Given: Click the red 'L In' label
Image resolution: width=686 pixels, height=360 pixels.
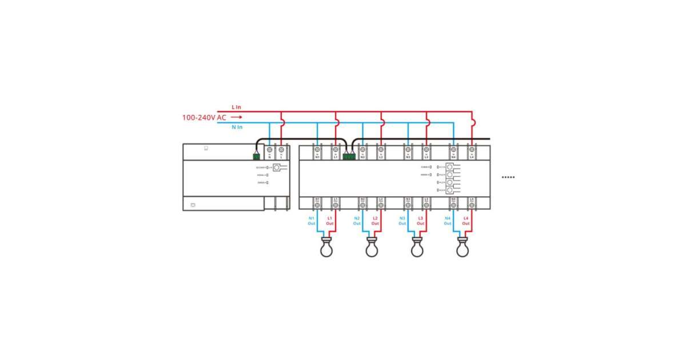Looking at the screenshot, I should coord(236,107).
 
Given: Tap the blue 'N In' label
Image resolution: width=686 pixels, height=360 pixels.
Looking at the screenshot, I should coord(237,127).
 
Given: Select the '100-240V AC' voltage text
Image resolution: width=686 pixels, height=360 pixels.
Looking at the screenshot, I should coord(204,117).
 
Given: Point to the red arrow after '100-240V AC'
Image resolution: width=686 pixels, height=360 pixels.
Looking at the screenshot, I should coord(237,117).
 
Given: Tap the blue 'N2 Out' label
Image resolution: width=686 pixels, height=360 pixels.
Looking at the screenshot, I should coord(357,221).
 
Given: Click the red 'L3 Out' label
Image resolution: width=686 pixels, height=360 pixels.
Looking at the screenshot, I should coord(420,221).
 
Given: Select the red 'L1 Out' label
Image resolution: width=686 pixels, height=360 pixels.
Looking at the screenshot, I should coord(330,221).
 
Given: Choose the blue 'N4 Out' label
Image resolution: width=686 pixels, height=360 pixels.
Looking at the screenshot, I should coord(448,221).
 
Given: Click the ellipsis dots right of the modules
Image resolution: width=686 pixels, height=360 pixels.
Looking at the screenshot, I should coord(508,177).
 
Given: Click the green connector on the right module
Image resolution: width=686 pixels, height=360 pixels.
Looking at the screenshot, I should coord(348,155).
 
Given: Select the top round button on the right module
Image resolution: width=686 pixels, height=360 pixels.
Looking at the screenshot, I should coord(450,167).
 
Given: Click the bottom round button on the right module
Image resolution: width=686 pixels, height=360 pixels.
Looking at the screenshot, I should coord(450,190).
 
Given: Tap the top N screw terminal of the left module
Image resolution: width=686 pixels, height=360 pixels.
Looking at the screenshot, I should coord(270,150).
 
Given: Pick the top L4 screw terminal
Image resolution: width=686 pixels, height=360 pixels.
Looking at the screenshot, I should coord(472,150).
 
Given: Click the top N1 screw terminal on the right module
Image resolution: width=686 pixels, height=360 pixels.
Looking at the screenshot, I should coord(317,150).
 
